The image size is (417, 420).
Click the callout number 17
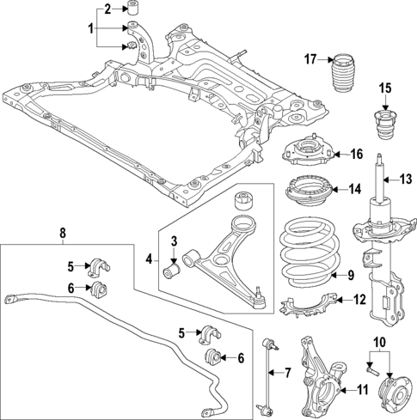tap(310, 58)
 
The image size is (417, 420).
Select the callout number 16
tap(356, 154)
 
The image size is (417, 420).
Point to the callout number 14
tap(355, 189)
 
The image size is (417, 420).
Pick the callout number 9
tap(350, 275)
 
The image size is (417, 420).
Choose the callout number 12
tap(360, 300)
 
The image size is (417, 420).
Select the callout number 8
tap(62, 231)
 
